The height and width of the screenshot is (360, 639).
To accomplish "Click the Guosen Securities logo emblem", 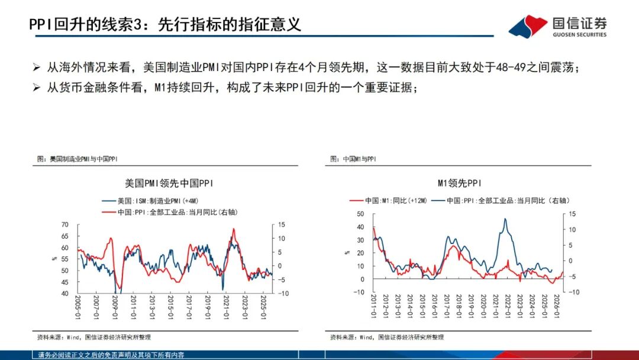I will [x=528, y=26].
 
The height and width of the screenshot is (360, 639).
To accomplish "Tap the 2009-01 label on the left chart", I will [x=114, y=307].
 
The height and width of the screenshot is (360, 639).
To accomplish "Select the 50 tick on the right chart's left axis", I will [x=360, y=213].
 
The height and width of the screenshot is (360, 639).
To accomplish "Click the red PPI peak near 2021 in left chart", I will [x=234, y=229].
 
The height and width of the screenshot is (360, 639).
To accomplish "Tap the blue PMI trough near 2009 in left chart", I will [x=117, y=291].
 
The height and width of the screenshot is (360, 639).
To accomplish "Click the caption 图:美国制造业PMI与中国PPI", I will [x=77, y=159].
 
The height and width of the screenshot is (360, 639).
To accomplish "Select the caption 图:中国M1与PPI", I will [x=353, y=159].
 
